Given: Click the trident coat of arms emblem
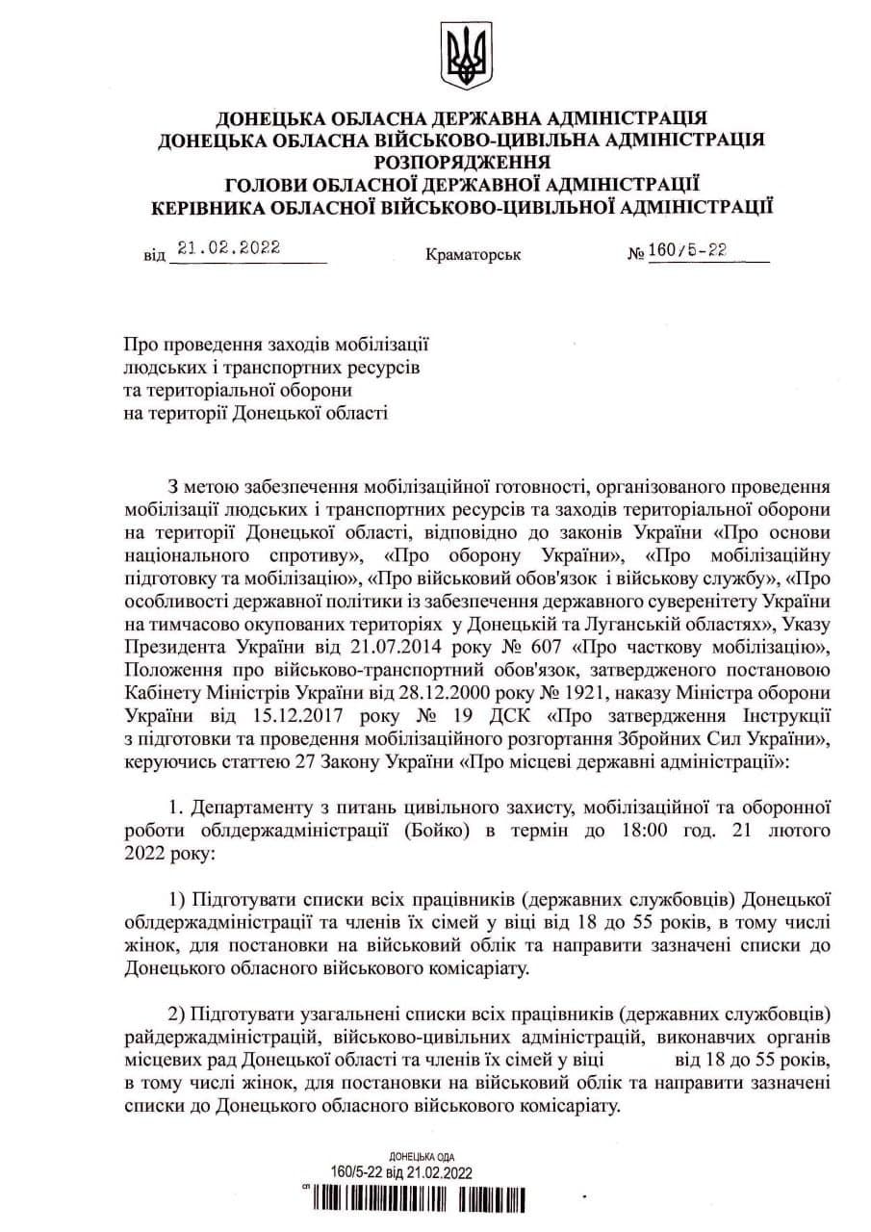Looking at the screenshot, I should coord(463,57).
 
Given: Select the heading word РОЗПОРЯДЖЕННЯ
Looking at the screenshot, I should coord(462,161).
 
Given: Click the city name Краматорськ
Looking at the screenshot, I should coord(472,255).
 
